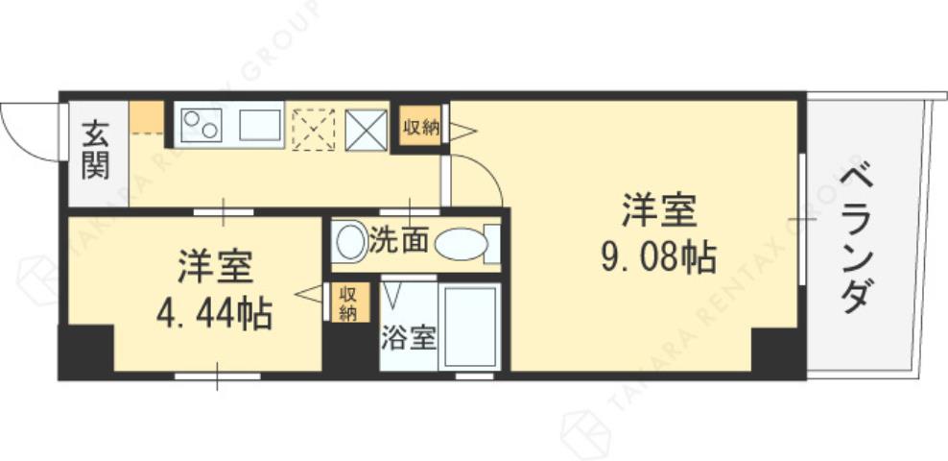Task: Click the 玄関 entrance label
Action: click(x=94, y=150)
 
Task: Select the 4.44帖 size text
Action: click(x=214, y=312)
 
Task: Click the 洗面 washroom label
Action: click(x=398, y=240)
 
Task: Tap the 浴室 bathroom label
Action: click(x=409, y=338)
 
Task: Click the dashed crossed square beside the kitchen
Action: click(x=313, y=129)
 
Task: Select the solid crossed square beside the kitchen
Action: click(x=366, y=129)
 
